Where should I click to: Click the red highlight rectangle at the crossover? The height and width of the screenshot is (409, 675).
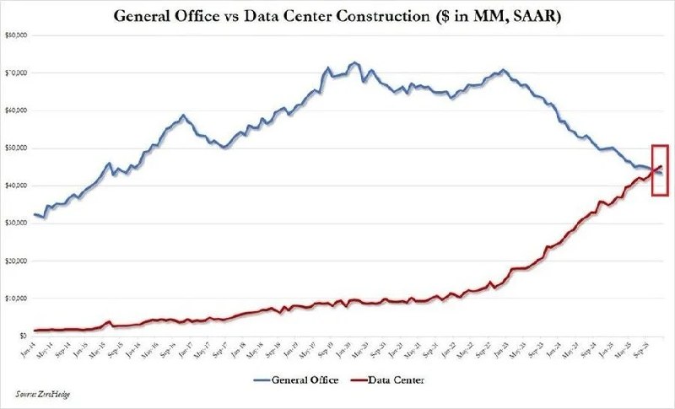click(x=660, y=170)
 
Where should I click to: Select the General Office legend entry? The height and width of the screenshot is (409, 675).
click(x=299, y=379)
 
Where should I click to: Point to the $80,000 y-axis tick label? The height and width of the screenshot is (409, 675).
click(x=18, y=35)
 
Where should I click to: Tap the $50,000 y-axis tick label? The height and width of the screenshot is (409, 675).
click(x=18, y=148)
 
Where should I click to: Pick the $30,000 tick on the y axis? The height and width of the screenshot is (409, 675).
click(x=18, y=223)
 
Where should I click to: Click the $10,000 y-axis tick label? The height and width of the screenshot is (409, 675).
click(x=18, y=299)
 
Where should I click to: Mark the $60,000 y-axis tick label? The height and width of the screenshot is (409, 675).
click(x=18, y=110)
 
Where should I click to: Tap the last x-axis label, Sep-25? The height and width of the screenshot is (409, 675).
click(x=650, y=348)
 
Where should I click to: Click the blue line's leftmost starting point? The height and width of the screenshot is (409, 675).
click(x=35, y=215)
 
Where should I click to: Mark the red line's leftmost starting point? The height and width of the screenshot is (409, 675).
click(x=35, y=330)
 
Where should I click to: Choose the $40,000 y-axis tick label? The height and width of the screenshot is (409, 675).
click(x=18, y=186)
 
